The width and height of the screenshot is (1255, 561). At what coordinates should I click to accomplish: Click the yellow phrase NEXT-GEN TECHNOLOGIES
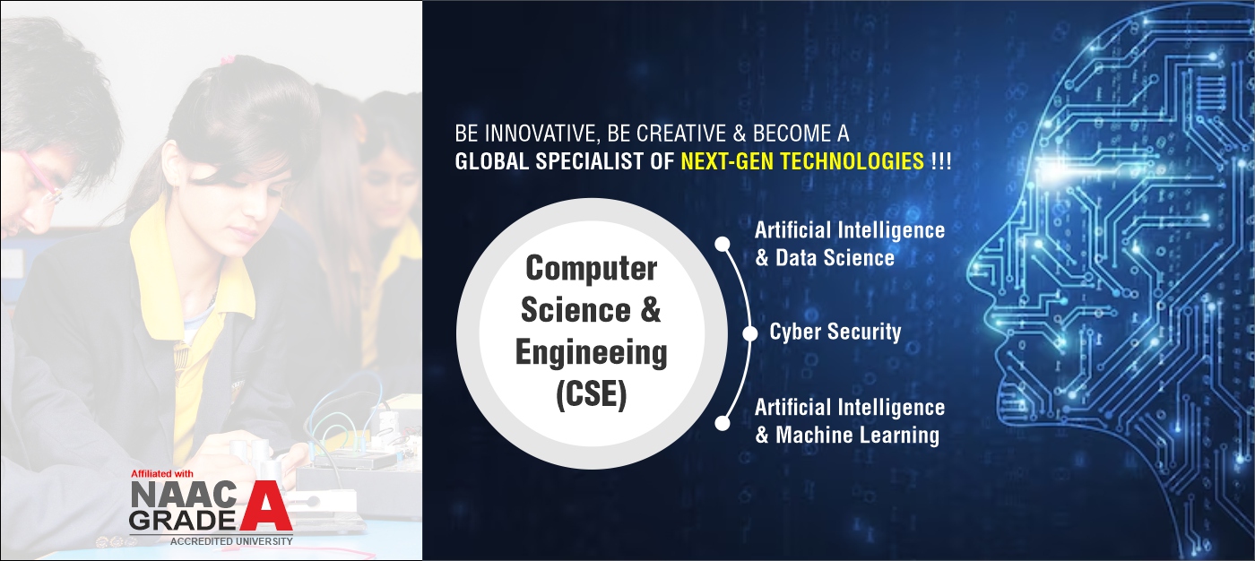click(802, 161)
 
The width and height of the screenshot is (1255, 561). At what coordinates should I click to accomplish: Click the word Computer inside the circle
click(591, 268)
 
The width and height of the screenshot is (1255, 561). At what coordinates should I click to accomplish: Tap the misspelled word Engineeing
click(591, 354)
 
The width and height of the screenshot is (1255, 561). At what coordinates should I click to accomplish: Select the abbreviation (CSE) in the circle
click(591, 394)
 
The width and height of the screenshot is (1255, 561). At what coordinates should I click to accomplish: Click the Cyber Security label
click(835, 332)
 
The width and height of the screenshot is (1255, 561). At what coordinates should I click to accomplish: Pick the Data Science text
click(835, 258)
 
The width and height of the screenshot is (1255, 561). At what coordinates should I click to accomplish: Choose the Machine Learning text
click(857, 436)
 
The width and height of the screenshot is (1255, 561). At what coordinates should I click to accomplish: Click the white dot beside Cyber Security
click(749, 333)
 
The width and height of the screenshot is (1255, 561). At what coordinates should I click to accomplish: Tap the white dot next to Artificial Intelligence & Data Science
click(723, 244)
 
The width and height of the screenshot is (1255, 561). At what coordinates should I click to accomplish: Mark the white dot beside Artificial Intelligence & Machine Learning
click(723, 423)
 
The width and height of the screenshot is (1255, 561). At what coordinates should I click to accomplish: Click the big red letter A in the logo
click(267, 505)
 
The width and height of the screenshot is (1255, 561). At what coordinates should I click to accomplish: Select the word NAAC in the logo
click(184, 493)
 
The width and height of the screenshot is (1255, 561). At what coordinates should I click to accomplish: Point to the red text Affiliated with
click(162, 474)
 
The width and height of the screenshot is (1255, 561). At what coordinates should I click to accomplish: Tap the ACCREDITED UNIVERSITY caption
click(231, 541)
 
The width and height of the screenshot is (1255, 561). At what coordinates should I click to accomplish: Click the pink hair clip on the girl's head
click(226, 60)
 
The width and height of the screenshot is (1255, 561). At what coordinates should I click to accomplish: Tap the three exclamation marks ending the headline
click(940, 161)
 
